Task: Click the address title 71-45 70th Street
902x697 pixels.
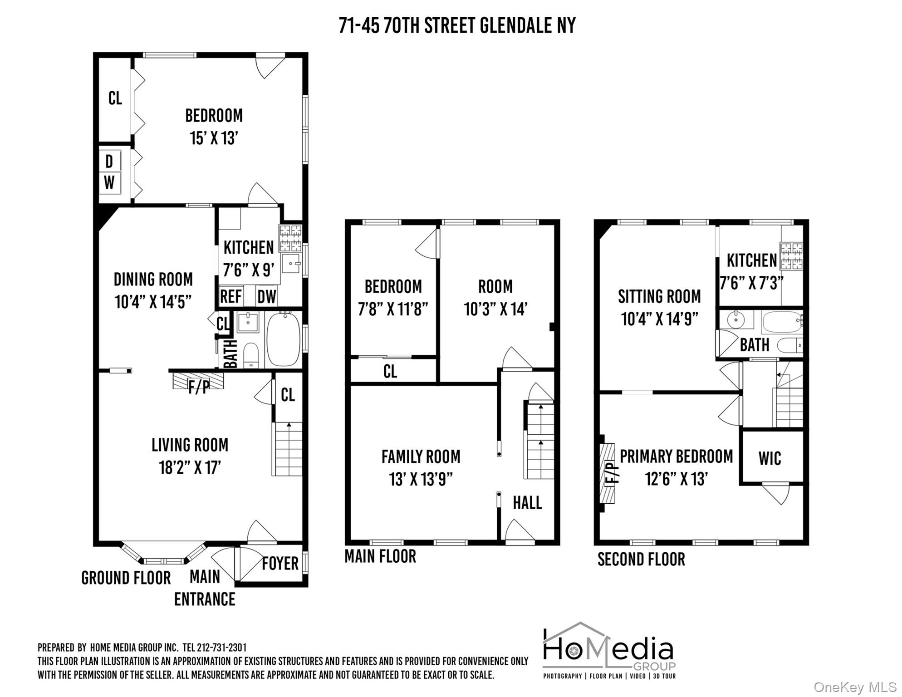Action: point(457,26)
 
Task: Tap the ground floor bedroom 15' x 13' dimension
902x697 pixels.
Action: point(214,138)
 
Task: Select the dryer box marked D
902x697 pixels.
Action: point(109,161)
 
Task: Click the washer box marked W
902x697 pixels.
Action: point(109,183)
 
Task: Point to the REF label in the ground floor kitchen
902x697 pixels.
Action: point(230,297)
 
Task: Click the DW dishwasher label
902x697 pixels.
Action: point(266,297)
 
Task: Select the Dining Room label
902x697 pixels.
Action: point(153,279)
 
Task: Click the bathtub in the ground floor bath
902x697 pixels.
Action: point(283,339)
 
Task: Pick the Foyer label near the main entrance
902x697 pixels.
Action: point(280,563)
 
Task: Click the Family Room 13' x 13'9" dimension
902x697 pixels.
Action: point(421,479)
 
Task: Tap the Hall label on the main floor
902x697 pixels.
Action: point(527,503)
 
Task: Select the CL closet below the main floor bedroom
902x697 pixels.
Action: point(390,371)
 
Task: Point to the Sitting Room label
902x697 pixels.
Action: point(659,296)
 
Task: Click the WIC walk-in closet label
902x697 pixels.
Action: point(770,458)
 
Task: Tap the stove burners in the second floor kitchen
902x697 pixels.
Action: point(791,256)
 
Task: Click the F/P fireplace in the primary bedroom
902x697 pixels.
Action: point(608,473)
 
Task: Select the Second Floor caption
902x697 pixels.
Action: point(641,559)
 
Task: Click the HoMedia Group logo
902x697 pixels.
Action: point(609,652)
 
